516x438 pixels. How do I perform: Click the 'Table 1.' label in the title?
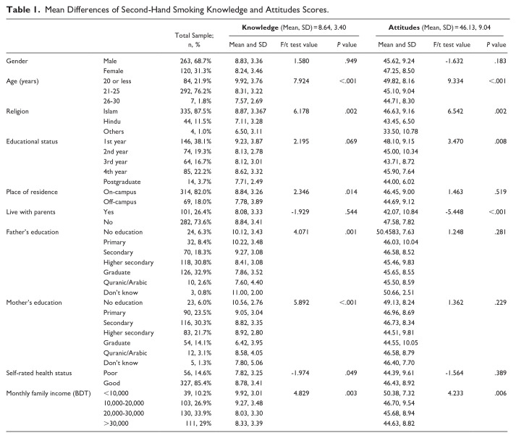[x=22, y=9]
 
